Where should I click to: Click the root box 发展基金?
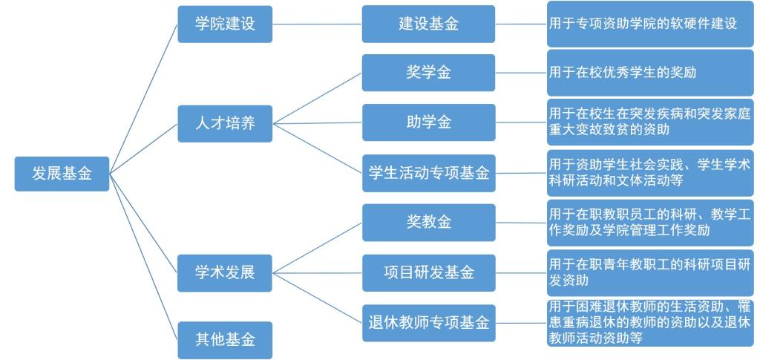point(62,173)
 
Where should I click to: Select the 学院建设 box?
point(224,24)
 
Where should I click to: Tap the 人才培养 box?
point(224,123)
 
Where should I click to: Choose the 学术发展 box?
point(224,272)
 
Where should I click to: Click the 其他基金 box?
point(224,340)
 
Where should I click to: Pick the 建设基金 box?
point(428,24)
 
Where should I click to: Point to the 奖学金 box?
point(428,73)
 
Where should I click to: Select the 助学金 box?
point(428,122)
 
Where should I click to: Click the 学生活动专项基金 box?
point(428,173)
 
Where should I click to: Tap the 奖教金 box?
point(428,222)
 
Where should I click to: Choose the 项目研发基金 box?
point(428,272)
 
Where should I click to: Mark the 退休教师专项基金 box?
point(428,323)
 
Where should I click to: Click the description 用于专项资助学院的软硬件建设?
point(649,24)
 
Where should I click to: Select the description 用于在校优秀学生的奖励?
point(649,73)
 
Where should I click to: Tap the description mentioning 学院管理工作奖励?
point(649,222)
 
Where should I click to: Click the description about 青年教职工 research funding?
point(649,272)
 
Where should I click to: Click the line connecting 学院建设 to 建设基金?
point(317,24)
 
